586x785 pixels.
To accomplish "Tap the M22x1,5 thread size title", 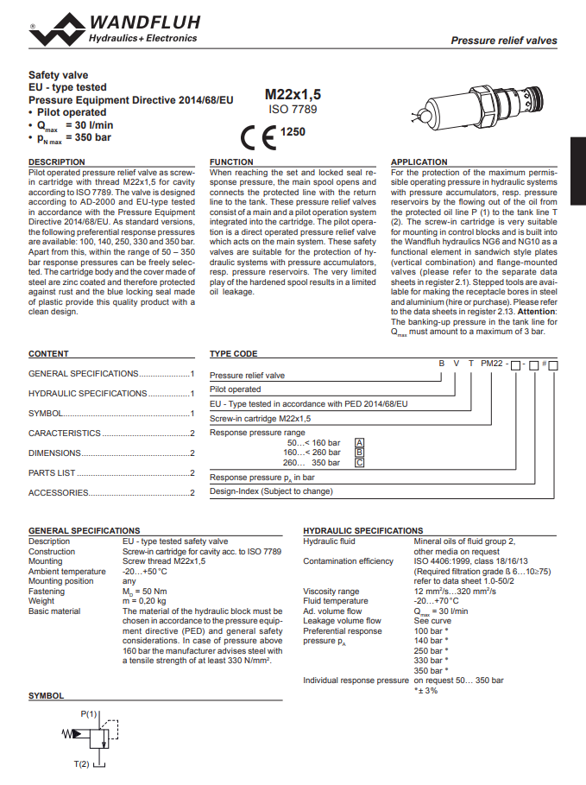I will coord(292,96).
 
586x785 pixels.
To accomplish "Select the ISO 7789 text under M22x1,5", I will coord(292,110).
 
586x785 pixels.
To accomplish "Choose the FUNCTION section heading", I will coord(232,162).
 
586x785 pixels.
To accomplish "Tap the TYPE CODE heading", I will coord(233,354).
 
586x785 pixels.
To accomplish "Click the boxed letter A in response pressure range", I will coord(360,442).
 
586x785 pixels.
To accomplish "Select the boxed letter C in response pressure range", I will coord(360,462).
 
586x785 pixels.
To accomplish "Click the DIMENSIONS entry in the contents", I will coord(54,453).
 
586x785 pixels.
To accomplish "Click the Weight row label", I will coord(41,601).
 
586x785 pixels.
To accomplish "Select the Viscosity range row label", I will coord(331,592).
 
